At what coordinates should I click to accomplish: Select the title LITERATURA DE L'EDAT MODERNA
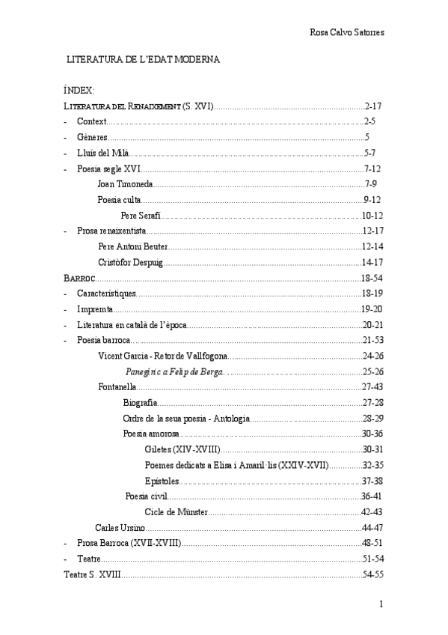pyautogui.click(x=143, y=59)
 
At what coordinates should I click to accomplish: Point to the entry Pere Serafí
pyautogui.click(x=140, y=216)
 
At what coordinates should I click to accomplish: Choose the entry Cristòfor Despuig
pyautogui.click(x=129, y=262)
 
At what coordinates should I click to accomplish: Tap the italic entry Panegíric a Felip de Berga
pyautogui.click(x=174, y=372)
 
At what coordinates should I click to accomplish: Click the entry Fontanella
pyautogui.click(x=117, y=387)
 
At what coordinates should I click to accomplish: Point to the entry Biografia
pyautogui.click(x=140, y=403)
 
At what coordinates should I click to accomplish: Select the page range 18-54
pyautogui.click(x=372, y=278)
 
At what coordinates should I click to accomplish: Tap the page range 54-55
pyautogui.click(x=373, y=574)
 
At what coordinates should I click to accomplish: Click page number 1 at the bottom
pyautogui.click(x=381, y=604)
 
